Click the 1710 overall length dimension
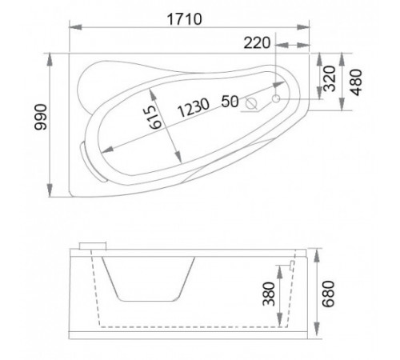184,19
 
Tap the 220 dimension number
257,43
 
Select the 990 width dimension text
41,117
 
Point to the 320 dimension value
330,78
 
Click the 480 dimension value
356,82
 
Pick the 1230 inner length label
194,108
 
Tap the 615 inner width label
155,118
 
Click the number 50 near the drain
230,102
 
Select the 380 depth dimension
269,294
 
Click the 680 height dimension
328,294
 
